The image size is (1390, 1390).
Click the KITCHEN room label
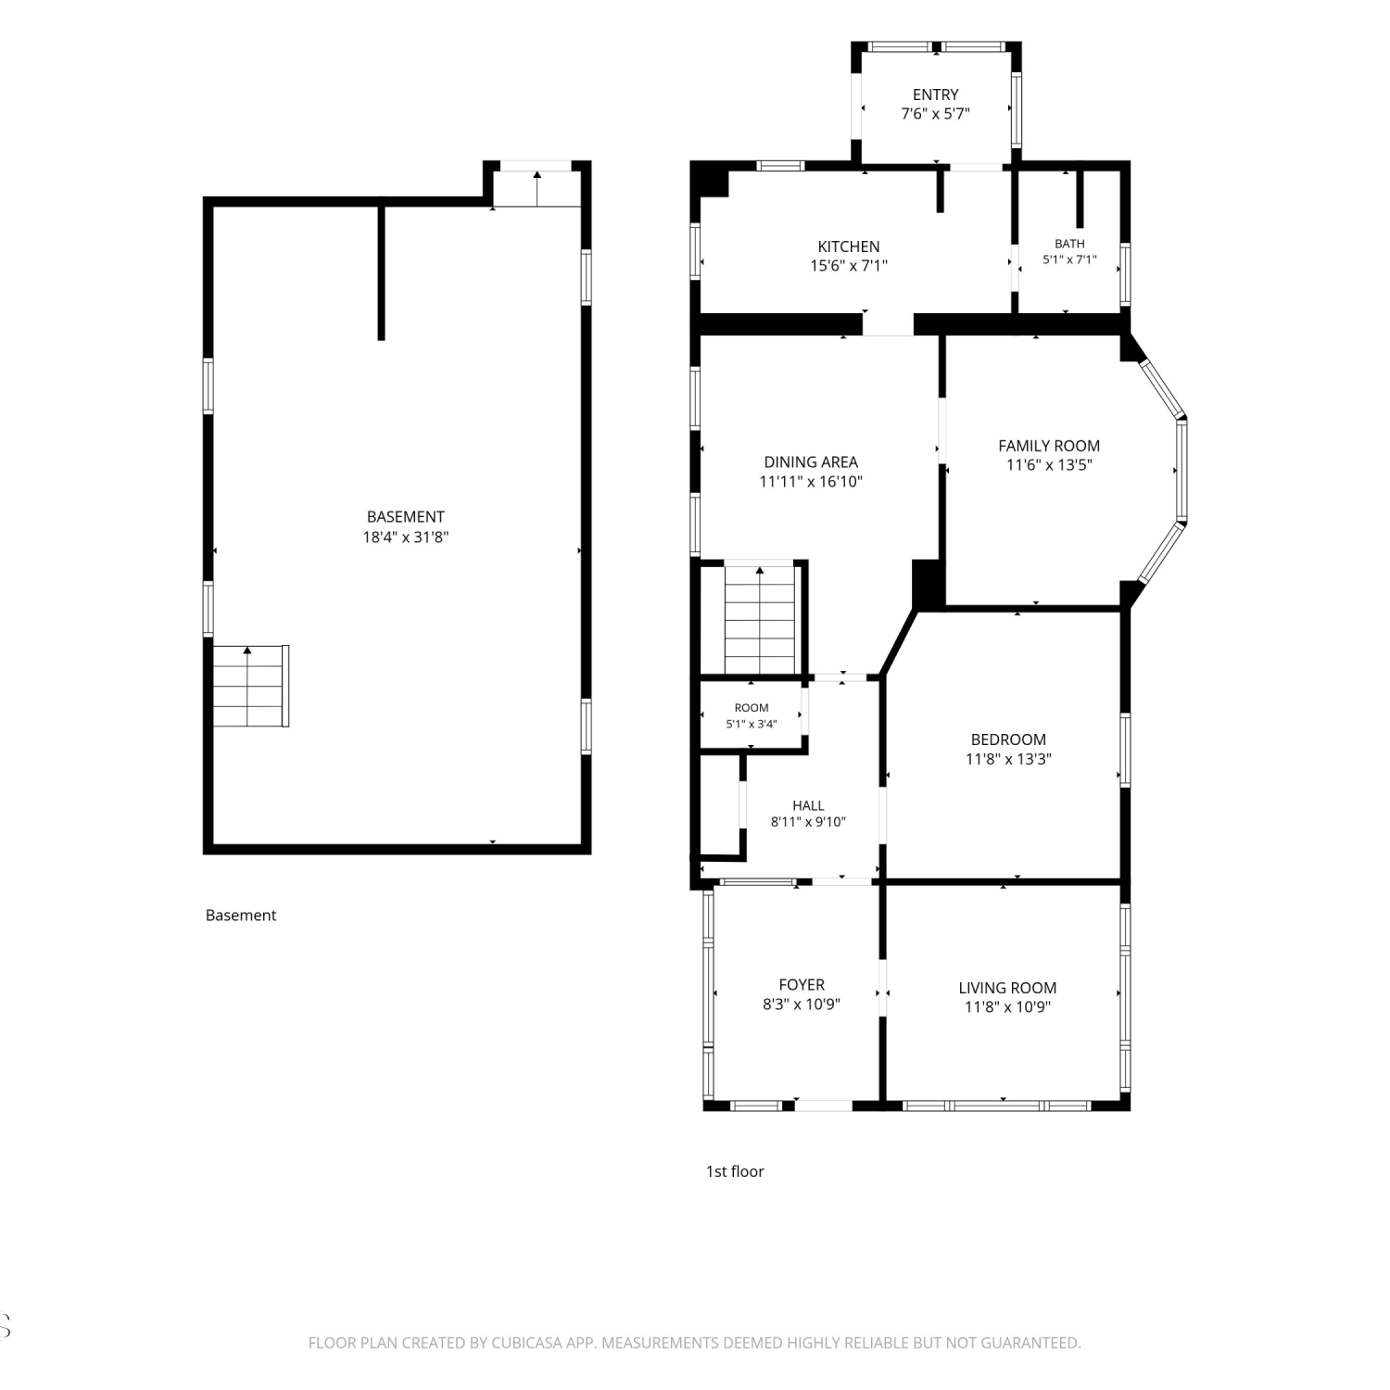[x=849, y=246]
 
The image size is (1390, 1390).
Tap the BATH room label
[x=1069, y=244]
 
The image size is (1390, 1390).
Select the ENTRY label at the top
[x=935, y=95]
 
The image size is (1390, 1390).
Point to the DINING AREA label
[x=811, y=461]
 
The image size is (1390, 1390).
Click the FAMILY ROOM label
[x=1049, y=446]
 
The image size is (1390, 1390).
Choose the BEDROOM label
[x=1008, y=739]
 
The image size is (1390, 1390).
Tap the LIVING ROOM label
[x=1007, y=988]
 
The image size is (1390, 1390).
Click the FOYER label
[x=802, y=985]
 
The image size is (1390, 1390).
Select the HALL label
[x=808, y=806]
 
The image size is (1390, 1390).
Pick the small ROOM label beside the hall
[x=752, y=708]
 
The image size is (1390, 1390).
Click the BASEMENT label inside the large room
[x=406, y=517]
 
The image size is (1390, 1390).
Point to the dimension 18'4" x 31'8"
[x=406, y=537]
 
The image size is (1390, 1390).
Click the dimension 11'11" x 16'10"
[x=811, y=481]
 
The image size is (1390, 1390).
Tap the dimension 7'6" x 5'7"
[x=935, y=114]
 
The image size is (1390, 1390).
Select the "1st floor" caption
[x=735, y=1171]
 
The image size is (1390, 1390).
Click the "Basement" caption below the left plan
[x=241, y=916]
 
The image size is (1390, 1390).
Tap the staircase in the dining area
[x=760, y=619]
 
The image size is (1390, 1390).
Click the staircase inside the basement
[x=248, y=687]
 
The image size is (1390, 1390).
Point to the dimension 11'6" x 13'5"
[x=1049, y=465]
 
